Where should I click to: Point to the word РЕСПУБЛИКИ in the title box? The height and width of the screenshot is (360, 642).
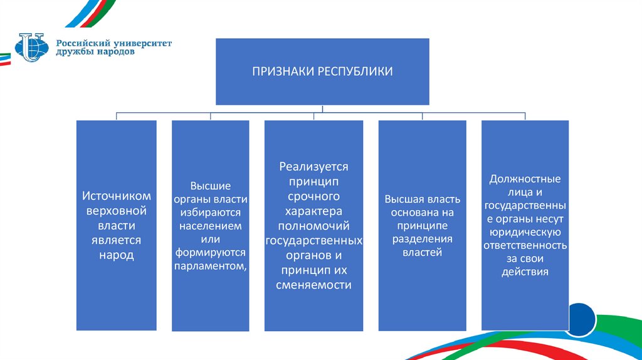tap(356, 71)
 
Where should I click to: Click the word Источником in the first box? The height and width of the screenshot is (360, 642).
tap(116, 196)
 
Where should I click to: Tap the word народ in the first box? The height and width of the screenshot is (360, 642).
tap(116, 255)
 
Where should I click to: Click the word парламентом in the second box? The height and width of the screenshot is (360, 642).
tap(210, 267)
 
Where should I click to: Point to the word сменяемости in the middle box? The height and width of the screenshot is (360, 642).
tap(313, 284)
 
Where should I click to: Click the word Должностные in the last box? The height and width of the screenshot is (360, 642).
tap(525, 179)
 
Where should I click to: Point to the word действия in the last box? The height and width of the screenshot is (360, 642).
tap(525, 272)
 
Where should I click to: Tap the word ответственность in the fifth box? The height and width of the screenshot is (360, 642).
tap(525, 245)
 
